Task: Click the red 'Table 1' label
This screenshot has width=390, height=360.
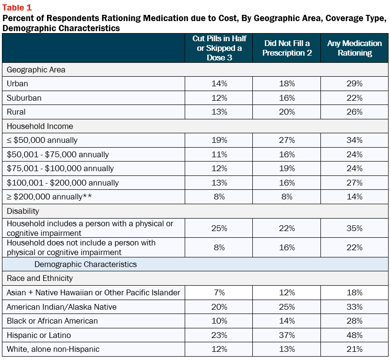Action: coord(17,8)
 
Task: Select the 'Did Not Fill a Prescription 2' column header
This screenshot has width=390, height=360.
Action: coord(287,48)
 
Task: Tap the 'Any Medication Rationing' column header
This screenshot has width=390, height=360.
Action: coord(355,48)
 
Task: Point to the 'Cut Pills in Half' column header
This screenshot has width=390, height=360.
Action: coord(219,48)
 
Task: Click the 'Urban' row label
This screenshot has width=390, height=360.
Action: coord(17,83)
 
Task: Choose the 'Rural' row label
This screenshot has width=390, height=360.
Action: coord(16,112)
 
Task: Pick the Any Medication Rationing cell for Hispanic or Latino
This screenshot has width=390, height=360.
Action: coord(355,335)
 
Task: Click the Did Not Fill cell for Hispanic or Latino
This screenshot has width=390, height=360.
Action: coord(287,335)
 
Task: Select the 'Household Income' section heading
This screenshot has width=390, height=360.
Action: coord(40,126)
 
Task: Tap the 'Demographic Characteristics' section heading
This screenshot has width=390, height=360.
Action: coord(85,264)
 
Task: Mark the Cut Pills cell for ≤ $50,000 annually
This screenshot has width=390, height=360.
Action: coord(219,140)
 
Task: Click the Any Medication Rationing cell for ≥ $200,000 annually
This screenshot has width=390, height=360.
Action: coord(355,197)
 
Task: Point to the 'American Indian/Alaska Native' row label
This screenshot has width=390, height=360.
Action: coord(61,307)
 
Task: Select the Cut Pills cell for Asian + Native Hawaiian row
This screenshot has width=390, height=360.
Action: coord(219,292)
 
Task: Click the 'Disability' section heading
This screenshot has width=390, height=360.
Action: coord(23,211)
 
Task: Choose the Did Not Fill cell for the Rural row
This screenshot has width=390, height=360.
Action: coord(287,112)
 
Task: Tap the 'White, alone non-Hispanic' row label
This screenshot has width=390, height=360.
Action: coord(53,349)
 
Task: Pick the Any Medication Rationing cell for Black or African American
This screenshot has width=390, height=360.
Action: coord(355,321)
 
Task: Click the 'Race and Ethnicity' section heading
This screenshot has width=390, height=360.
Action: coord(40,278)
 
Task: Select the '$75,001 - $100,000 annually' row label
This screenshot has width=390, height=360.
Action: coord(60,169)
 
